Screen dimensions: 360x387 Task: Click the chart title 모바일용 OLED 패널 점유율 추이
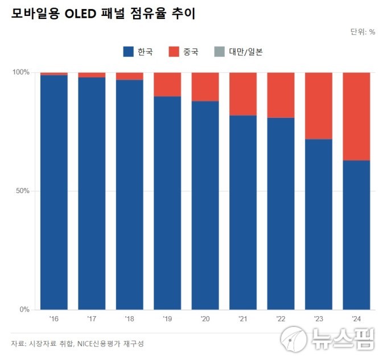pos(103,14)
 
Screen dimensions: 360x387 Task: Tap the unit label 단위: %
pos(363,32)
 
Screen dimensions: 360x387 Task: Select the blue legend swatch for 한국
pos(128,52)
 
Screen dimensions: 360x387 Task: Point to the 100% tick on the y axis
pos(21,72)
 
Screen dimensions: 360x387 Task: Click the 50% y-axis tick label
pos(23,191)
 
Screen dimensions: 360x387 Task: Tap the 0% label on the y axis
pos(24,309)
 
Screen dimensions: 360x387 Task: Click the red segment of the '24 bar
pos(356,116)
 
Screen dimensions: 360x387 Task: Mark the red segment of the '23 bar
pos(319,105)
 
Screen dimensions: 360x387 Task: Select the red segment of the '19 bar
pos(167,84)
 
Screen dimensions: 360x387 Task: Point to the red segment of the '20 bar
pos(205,87)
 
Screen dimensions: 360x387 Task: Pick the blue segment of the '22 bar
pos(281,213)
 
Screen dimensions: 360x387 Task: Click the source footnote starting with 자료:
pos(77,343)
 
